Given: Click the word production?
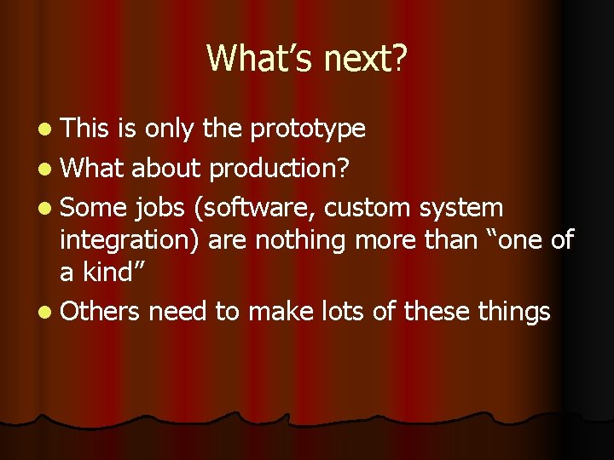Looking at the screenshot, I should [x=279, y=168].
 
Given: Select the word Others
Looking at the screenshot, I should [x=100, y=312].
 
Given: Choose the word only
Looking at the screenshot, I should [x=171, y=129].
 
